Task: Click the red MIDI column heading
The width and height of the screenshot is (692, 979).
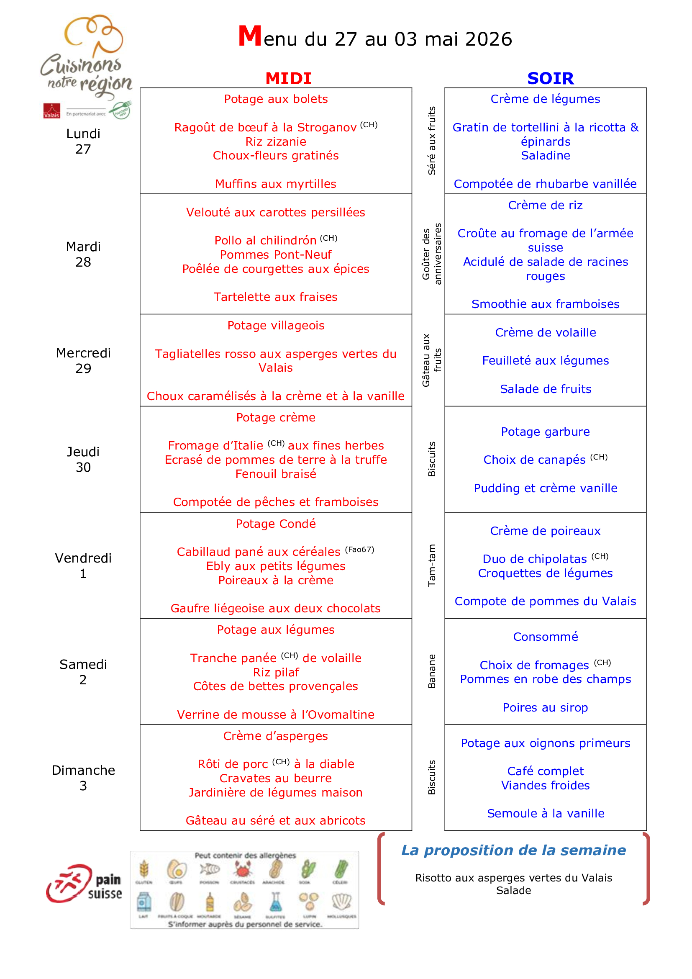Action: [x=289, y=78]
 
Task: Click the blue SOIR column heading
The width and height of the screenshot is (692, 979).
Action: [x=550, y=78]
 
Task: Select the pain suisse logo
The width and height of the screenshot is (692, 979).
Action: [x=85, y=884]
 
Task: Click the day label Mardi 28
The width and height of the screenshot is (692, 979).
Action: [x=83, y=254]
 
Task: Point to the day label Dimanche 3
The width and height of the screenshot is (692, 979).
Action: [x=83, y=778]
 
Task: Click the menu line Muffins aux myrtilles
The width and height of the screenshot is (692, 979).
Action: [x=276, y=184]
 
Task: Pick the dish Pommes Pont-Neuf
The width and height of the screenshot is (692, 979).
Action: [x=276, y=254]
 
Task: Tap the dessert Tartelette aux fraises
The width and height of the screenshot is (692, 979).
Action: [x=276, y=297]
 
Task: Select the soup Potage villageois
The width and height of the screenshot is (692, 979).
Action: [x=276, y=325]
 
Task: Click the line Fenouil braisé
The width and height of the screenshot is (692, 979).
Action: [x=276, y=474]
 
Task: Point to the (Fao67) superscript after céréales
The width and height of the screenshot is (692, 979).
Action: [x=360, y=549]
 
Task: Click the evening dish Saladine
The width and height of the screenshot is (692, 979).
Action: [x=546, y=155]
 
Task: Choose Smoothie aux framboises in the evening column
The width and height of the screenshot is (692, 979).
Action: [x=546, y=304]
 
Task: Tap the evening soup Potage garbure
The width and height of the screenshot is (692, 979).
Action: [x=546, y=432]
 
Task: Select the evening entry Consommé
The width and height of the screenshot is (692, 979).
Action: [x=546, y=637]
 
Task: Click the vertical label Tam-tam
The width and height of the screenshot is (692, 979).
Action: [x=432, y=565]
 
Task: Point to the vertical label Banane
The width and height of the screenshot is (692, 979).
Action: [x=432, y=671]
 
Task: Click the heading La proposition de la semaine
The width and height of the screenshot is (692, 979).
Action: [x=513, y=850]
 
